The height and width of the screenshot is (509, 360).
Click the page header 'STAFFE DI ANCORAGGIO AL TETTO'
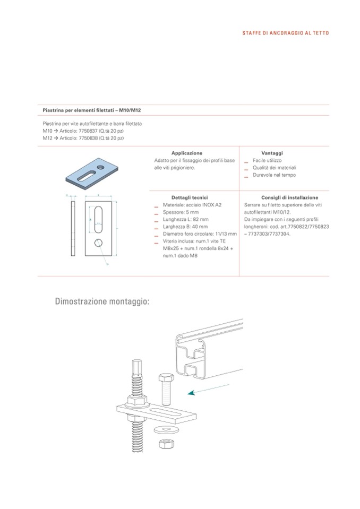[285, 33]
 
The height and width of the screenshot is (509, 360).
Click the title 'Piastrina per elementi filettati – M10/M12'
[91, 110]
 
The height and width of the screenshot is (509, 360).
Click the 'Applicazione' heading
[186, 153]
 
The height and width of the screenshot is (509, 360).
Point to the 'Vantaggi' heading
[272, 153]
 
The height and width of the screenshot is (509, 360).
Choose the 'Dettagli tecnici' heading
[186, 197]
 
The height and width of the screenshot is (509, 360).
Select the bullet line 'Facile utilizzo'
[267, 160]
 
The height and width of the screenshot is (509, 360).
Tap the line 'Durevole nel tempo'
[274, 175]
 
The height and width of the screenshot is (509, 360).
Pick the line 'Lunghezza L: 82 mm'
[186, 219]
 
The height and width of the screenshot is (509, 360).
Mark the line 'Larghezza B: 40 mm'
[186, 226]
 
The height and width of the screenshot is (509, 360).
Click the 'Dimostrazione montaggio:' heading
[102, 302]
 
